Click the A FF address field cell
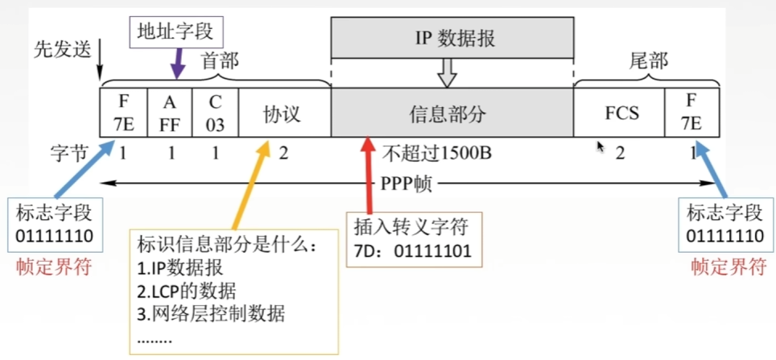click(170, 113)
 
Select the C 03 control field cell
click(215, 113)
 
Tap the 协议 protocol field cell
click(283, 113)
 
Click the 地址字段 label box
click(175, 31)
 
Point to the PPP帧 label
click(407, 184)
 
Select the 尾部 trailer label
click(648, 60)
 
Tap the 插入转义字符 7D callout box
click(415, 238)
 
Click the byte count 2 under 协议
click(283, 152)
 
